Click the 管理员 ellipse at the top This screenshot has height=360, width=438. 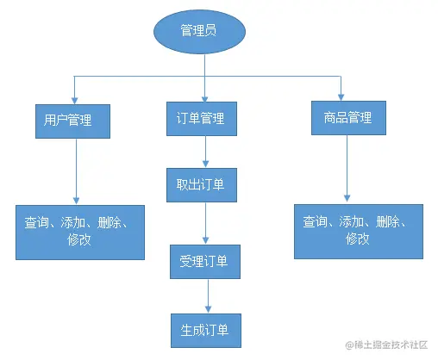pyautogui.click(x=198, y=32)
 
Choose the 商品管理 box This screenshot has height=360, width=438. pyautogui.click(x=344, y=117)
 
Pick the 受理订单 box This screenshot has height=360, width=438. pyautogui.click(x=204, y=262)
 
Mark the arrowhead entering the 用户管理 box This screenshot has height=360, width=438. pyautogui.click(x=74, y=96)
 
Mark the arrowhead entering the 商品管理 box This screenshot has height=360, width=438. pyautogui.click(x=344, y=95)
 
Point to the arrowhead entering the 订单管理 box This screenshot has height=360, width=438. pyautogui.click(x=204, y=96)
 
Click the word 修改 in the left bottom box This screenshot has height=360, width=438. pyautogui.click(x=78, y=241)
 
